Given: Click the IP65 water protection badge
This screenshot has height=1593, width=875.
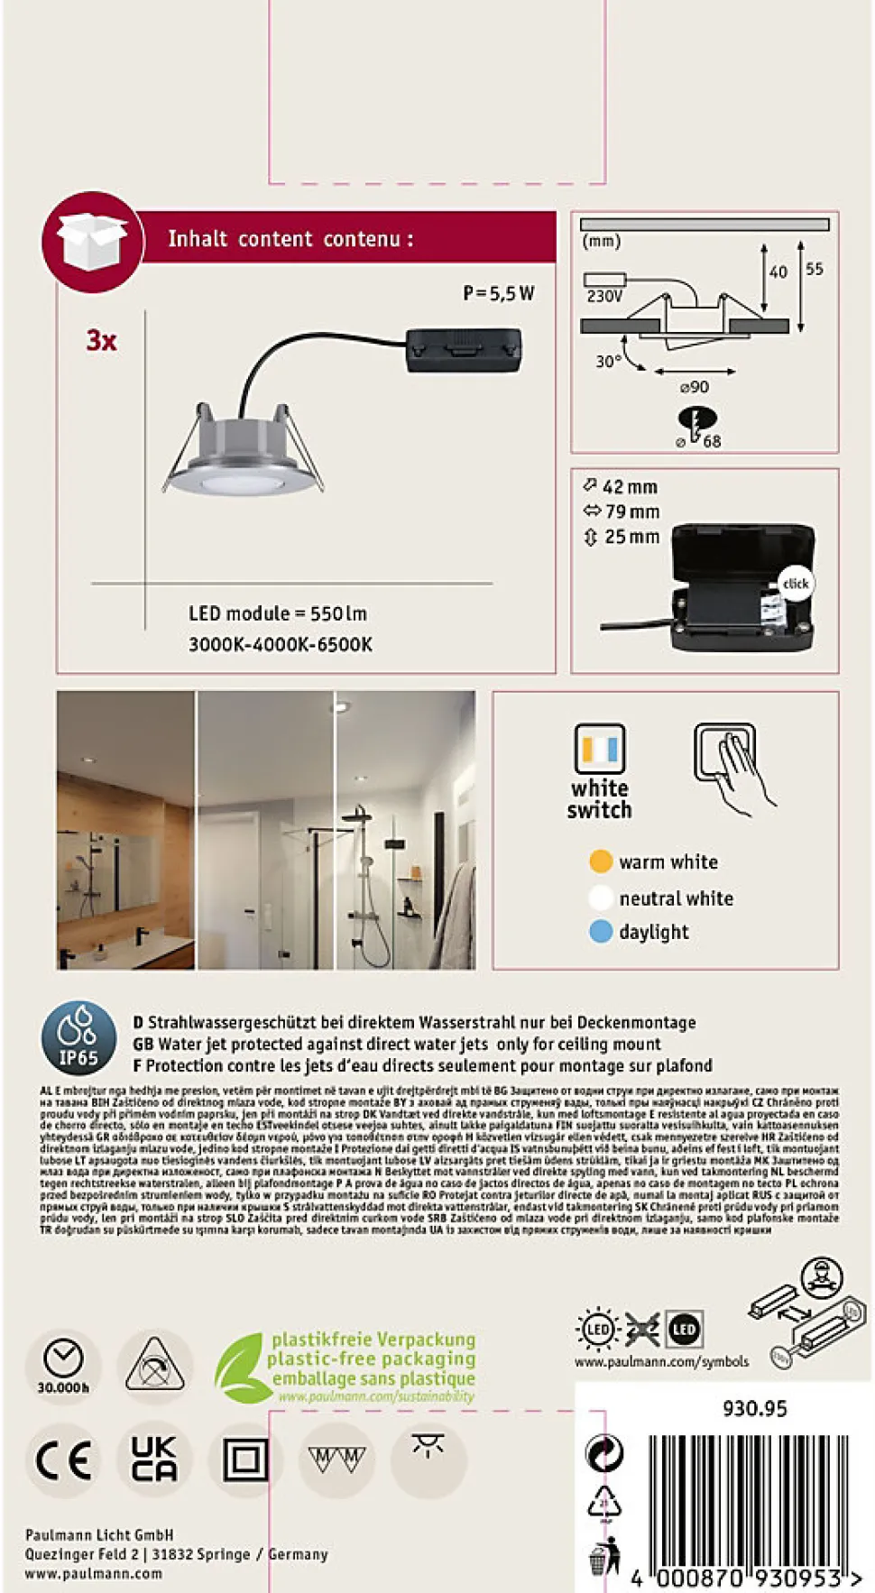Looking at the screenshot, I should coord(78,1037).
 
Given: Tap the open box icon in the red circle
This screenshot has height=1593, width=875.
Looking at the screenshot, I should coord(91,241).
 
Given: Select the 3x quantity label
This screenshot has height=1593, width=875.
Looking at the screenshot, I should coord(101,341).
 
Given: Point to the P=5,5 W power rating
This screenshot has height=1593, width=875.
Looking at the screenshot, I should coord(498,293).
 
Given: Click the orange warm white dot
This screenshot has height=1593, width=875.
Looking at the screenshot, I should coord(601,861).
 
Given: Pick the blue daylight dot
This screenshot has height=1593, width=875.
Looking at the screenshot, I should coord(601,931).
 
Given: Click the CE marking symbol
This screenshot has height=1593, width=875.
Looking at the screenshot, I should coord(63,1459).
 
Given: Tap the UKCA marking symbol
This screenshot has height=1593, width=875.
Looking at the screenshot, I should coord(154,1459).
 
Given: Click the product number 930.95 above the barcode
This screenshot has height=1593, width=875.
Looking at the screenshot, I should coord(754,1408).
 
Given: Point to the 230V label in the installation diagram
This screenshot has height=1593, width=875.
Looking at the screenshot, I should coord(604,296).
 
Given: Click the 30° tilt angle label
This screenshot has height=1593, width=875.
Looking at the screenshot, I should coord(608,362).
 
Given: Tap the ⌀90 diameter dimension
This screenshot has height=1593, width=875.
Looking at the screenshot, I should coord(694,387).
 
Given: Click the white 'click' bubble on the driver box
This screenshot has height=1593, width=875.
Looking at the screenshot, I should coord(795,584).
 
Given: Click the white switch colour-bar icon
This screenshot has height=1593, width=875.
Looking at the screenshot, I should coord(600,749).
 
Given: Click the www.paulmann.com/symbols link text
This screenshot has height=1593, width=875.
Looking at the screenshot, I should coord(661,1361).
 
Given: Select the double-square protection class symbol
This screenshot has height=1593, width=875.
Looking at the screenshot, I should coord(245,1459).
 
